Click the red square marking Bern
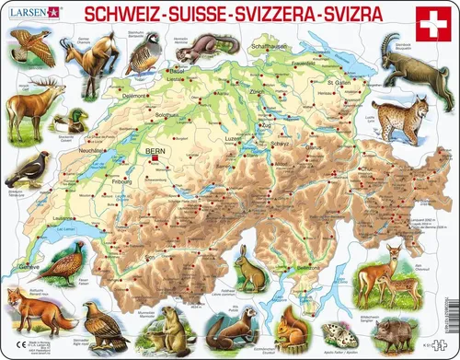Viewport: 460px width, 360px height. pyautogui.click(x=155, y=157)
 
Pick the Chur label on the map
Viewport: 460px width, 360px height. pyautogui.click(x=340, y=170)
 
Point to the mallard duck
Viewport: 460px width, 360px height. pyautogui.click(x=67, y=121)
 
